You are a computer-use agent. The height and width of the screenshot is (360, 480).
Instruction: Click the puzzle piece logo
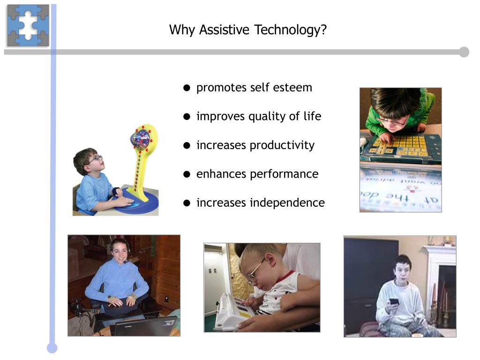28,26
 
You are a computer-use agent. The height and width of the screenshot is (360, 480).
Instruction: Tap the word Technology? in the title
290,30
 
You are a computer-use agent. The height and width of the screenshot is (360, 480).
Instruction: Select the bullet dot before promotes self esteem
187,88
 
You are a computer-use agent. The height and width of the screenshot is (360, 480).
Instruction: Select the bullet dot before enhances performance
187,174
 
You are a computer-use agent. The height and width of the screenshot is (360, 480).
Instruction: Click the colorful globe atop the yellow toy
140,139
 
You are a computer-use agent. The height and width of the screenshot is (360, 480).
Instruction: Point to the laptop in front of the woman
145,326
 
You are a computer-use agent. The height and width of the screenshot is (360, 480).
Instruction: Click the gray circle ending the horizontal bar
464,52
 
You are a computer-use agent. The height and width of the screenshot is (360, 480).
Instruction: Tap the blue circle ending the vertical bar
52,348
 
